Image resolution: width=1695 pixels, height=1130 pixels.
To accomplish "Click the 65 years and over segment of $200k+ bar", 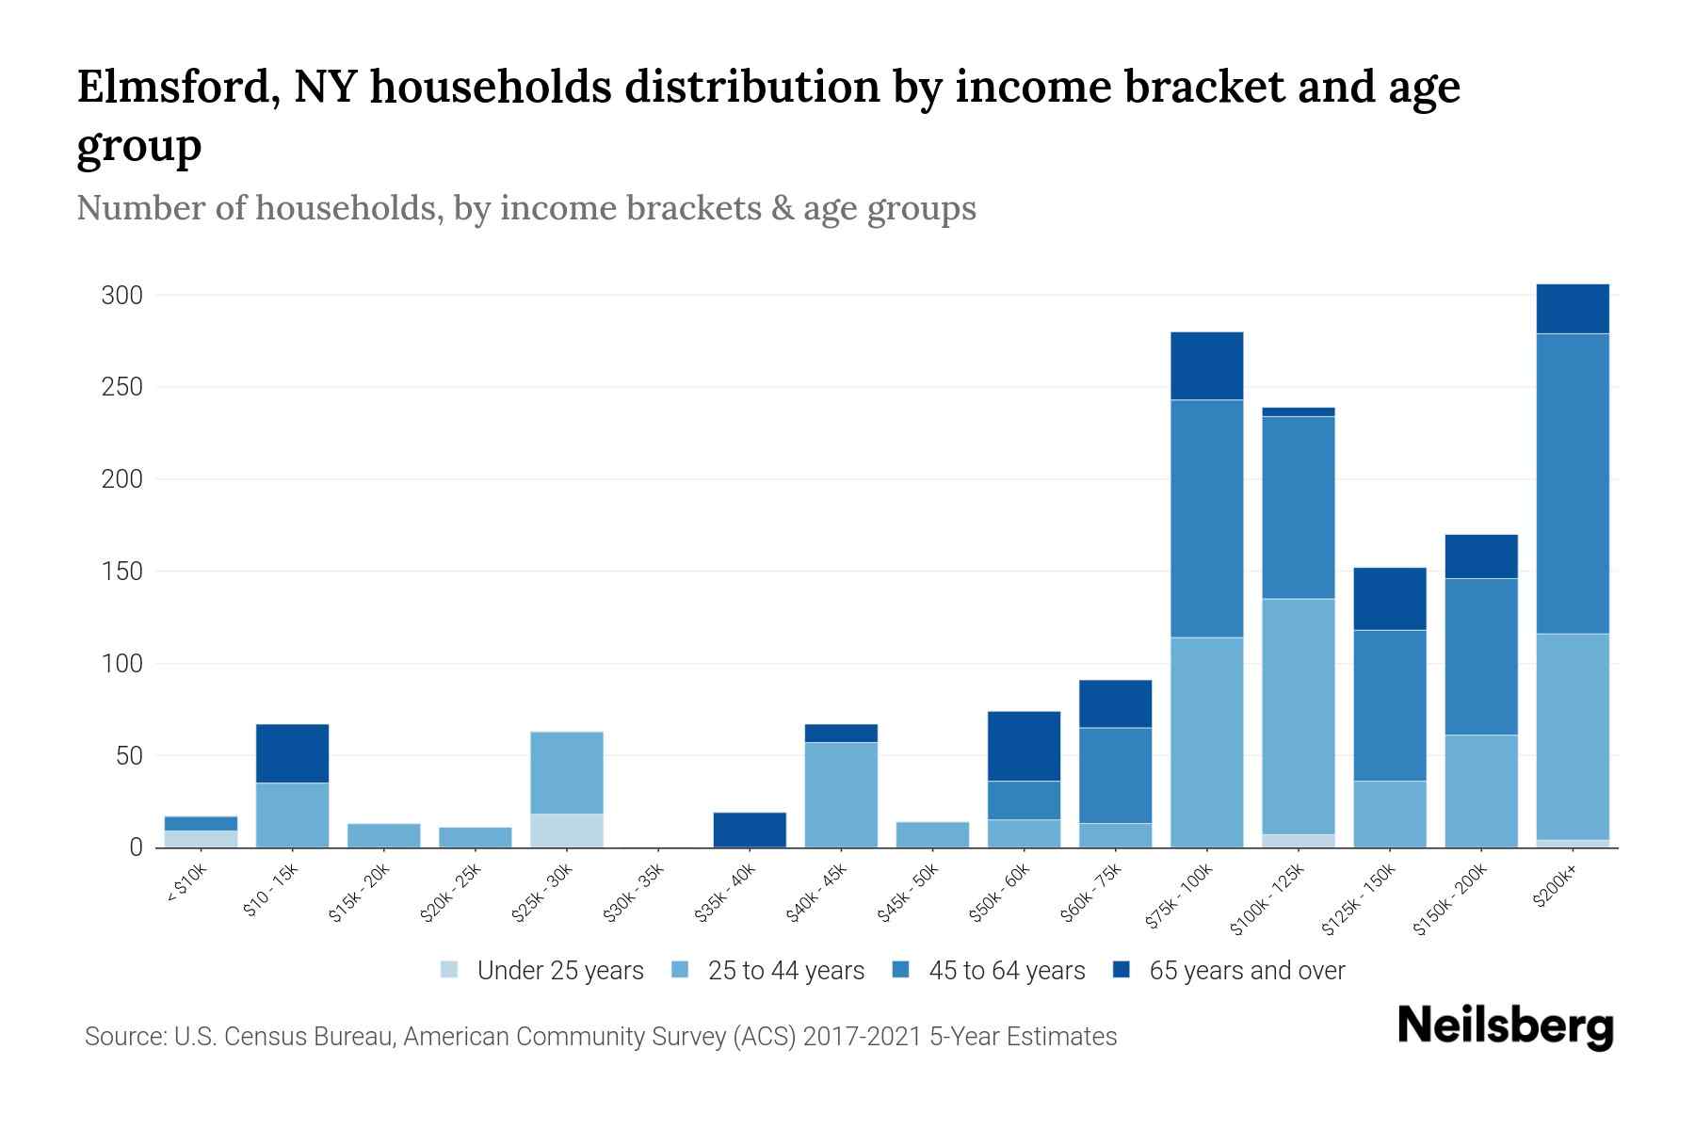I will click(1572, 309).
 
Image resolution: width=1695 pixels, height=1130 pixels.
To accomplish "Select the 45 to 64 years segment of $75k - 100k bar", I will click(1206, 519).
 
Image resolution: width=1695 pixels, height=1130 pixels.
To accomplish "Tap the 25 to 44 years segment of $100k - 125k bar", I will click(1298, 717).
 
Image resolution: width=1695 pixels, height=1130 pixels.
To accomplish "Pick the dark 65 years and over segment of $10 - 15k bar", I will click(292, 753).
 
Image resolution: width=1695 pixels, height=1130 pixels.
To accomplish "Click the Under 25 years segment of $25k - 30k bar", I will click(567, 831).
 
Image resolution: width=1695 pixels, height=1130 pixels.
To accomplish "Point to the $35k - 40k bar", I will click(750, 830).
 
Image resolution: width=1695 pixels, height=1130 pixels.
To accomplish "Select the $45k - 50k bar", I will click(932, 834).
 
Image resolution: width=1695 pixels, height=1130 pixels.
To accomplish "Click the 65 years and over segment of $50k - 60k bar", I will click(1024, 746).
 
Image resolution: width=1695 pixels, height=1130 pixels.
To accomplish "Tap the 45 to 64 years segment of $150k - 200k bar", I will click(1480, 656).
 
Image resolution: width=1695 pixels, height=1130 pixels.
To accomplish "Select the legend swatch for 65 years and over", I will click(1121, 970).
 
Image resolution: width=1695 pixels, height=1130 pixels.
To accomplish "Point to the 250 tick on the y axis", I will click(121, 387).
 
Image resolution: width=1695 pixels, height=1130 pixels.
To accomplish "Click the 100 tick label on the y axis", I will click(121, 664).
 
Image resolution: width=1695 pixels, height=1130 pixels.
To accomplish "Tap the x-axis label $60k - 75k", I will click(1093, 893).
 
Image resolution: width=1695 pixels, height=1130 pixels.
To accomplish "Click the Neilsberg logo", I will click(1505, 1026).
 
